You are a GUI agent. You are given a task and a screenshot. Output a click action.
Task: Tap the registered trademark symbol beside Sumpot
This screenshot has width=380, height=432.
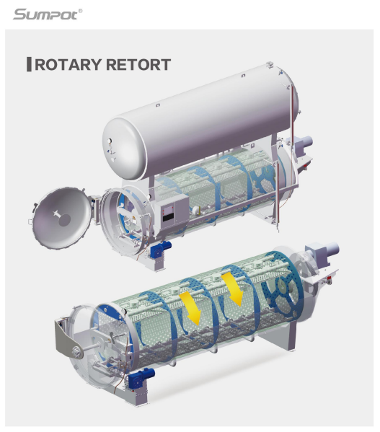80,11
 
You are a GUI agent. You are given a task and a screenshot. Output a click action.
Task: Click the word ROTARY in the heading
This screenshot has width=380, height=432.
68,65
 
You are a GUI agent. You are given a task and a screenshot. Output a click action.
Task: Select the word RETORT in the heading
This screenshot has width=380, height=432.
138,65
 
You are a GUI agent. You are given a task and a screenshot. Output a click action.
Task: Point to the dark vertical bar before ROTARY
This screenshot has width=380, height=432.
29,64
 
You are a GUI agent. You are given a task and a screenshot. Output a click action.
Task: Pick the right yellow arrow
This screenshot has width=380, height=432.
233,289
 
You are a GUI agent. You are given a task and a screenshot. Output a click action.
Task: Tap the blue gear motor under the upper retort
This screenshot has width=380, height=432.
161,249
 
